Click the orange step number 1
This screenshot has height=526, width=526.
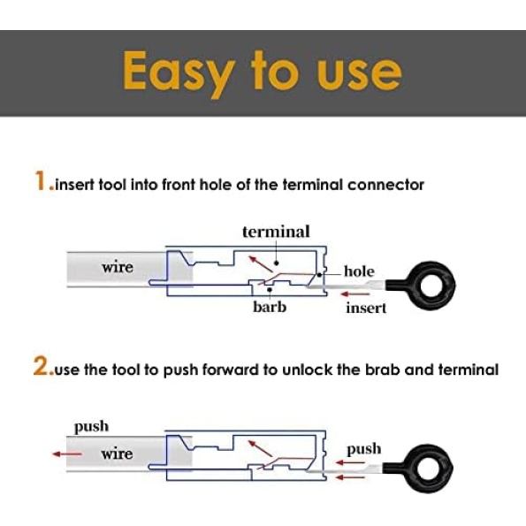pos(40,181)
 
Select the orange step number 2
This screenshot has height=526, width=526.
pos(41,366)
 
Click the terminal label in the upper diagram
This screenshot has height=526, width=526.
pos(276,232)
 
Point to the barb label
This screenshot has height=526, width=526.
pos(270,307)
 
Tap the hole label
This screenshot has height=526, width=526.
pos(359,271)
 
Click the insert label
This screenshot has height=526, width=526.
pos(366,308)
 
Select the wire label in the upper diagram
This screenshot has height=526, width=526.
pos(118,268)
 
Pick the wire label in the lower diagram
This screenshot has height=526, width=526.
pos(117,454)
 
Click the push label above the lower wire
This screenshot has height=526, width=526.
pos(91,427)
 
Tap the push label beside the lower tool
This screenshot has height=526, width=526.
pos(363,449)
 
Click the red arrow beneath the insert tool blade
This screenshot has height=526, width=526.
pos(354,294)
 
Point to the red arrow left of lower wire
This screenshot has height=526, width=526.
pos(67,454)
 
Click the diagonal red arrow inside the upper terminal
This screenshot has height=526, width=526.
pos(260,264)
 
